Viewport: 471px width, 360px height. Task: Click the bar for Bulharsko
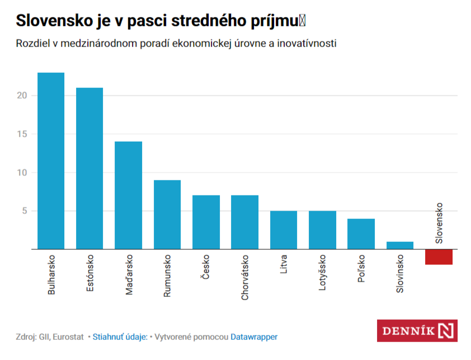tap(51, 161)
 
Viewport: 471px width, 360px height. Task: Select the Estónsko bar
tap(90, 168)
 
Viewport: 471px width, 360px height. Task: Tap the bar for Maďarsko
tap(128, 195)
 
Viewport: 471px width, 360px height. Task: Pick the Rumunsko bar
tap(167, 214)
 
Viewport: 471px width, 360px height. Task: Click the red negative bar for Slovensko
tap(439, 256)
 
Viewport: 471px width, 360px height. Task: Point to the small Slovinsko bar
tap(400, 245)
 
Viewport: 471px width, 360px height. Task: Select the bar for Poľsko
tap(361, 233)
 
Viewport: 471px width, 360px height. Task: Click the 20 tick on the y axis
tap(22, 95)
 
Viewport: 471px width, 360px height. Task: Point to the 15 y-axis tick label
tap(22, 134)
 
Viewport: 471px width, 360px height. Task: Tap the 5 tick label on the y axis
tap(25, 211)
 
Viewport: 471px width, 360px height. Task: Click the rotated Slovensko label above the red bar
tap(439, 223)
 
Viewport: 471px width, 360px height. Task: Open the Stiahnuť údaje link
tap(120, 336)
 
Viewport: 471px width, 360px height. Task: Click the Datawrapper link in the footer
tap(254, 336)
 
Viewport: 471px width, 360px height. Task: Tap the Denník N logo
tap(417, 330)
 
